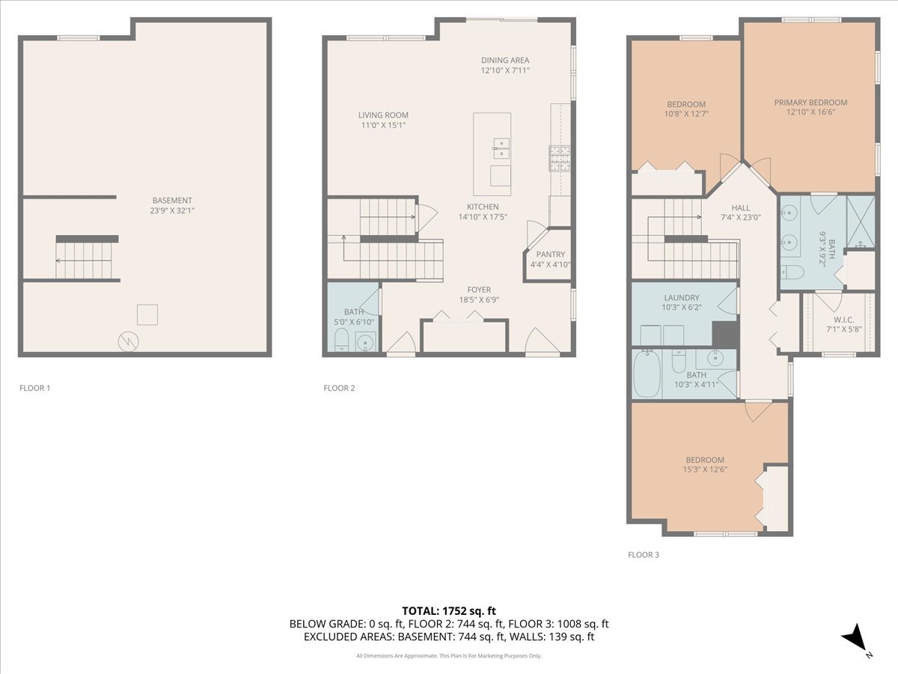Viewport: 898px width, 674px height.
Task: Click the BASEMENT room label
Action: point(172,200)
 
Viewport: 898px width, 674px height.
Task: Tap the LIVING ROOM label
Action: point(383,115)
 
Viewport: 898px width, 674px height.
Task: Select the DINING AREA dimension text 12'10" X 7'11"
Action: point(505,71)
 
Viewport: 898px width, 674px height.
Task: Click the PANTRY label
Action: point(550,255)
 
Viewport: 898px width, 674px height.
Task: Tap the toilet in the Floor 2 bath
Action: point(341,343)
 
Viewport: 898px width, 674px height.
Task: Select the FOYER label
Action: point(479,290)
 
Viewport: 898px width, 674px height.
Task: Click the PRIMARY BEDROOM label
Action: point(810,103)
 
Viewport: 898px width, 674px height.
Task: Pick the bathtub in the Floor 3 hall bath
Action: point(647,375)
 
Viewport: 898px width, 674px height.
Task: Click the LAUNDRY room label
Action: point(681,297)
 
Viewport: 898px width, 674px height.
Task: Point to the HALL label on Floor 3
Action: point(741,207)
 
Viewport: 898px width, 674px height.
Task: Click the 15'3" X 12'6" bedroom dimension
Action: point(705,470)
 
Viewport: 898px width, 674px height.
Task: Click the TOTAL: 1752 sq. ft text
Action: point(449,610)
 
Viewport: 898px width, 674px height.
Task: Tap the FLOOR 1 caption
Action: point(34,388)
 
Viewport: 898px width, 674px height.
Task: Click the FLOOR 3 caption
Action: point(643,555)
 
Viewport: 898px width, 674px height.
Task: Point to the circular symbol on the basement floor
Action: point(128,341)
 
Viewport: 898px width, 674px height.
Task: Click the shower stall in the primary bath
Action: point(861,222)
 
